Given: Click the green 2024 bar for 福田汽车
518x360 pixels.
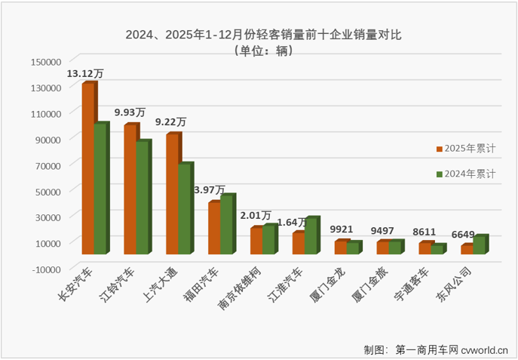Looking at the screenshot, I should [227, 223].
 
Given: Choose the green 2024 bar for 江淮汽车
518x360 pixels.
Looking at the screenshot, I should [311, 235].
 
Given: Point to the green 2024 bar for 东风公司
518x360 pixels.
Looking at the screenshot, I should [479, 245].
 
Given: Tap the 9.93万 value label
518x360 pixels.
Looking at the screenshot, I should [130, 112].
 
